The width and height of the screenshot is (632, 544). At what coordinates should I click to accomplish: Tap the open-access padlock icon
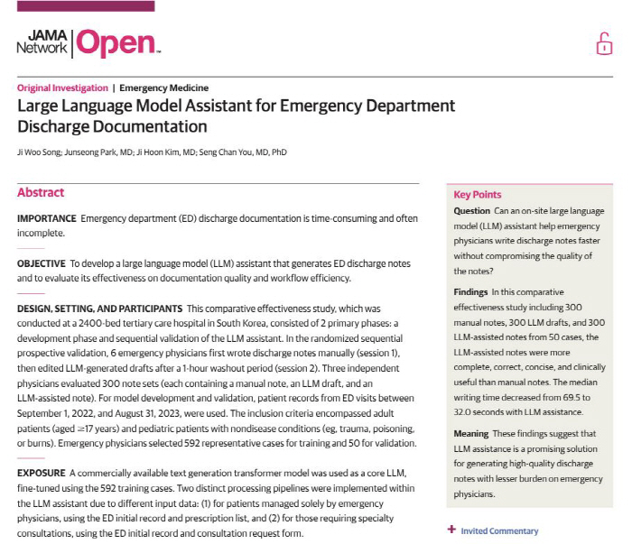pos(603,43)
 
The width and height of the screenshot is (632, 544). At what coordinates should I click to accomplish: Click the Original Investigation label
pos(62,88)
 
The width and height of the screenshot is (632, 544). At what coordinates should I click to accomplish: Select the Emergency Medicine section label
pos(163,88)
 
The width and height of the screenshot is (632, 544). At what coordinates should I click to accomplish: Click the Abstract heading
pos(41,192)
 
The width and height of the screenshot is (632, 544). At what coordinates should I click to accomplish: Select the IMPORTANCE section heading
pos(46,218)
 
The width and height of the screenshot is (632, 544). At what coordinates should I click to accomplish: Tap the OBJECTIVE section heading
pos(42,263)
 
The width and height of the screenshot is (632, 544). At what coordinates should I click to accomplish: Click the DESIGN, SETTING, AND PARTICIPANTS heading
pos(99,308)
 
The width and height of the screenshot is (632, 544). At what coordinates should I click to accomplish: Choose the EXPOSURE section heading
pos(42,473)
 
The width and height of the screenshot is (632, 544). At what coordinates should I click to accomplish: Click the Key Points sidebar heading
pos(478,195)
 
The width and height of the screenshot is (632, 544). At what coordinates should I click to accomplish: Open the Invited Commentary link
pos(499,530)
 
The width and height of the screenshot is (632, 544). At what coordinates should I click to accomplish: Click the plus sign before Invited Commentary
pos(451,530)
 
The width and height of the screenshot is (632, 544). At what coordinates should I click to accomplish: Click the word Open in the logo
pos(116,41)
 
